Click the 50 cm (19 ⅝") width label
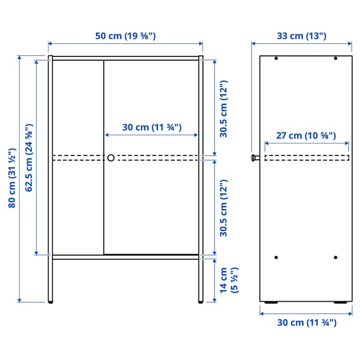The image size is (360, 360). [x=125, y=36]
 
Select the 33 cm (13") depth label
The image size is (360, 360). [x=301, y=36]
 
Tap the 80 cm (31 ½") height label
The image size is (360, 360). [x=11, y=179]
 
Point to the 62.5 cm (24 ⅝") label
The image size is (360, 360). [x=29, y=158]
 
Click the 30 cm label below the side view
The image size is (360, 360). [x=306, y=322]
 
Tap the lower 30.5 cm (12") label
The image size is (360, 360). [x=223, y=208]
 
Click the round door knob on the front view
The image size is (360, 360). [x=111, y=158]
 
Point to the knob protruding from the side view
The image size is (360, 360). [x=255, y=158]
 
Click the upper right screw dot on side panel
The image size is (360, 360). [x=335, y=59]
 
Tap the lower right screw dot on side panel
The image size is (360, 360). [x=335, y=257]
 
